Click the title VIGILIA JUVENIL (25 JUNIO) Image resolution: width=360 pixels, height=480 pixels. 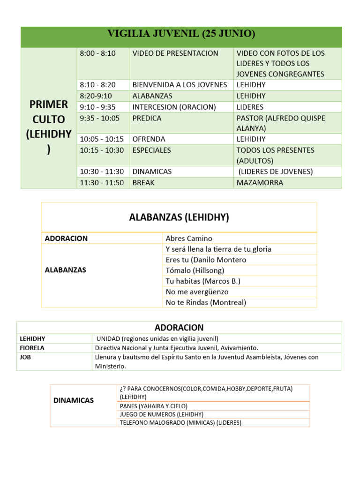pos(181,34)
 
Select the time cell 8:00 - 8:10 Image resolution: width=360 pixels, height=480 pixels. pos(97,53)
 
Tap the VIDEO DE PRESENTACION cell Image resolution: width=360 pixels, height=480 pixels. pos(175,53)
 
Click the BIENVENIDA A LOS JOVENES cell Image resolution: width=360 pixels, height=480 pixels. pos(180,85)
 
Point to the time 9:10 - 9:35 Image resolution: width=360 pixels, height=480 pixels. pos(97,107)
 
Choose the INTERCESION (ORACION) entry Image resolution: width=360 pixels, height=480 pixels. pos(174,107)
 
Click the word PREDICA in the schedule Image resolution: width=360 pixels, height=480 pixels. pos(147,118)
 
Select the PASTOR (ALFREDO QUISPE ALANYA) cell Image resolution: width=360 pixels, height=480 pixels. pos(280,123)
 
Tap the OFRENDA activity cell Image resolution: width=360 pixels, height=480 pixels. pos(149,139)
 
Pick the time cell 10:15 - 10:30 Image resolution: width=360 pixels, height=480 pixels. pos(102,150)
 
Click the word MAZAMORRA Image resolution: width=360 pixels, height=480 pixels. pos(260,183)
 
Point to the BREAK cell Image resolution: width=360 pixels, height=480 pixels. pos(143,183)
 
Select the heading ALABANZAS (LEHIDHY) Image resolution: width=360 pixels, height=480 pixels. pos(179,217)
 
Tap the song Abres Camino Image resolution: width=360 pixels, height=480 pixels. pos(189,238)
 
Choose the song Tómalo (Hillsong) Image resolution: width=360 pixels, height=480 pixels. pos(195,270)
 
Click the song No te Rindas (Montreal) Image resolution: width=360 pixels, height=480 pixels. pos(206,302)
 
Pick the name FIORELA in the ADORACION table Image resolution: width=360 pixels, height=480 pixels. pos(32,348)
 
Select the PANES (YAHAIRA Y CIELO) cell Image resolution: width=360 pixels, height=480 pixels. pos(153,406)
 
